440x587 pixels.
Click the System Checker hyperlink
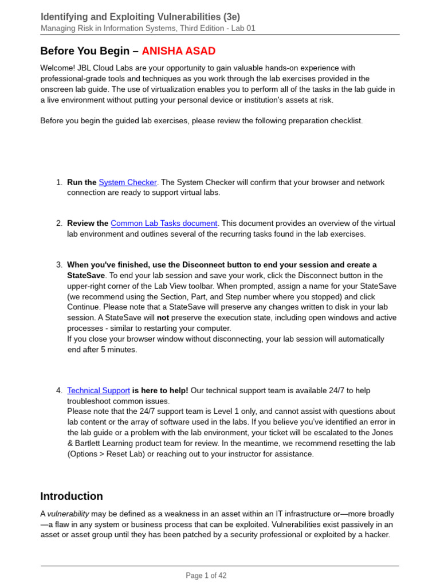[128, 182]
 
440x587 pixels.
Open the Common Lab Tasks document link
[164, 224]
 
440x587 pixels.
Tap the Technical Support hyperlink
[99, 390]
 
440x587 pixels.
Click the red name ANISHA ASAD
[178, 51]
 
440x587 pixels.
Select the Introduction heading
[72, 496]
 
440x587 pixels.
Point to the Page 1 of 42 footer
[206, 576]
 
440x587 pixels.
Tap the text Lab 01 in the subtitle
[242, 28]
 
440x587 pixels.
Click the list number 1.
[59, 182]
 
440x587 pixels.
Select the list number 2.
[59, 224]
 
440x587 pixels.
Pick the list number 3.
[59, 265]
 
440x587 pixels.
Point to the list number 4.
[59, 390]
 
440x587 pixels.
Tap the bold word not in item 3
[163, 318]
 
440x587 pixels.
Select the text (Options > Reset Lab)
[108, 454]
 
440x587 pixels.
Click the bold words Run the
[81, 182]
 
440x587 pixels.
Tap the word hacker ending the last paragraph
[375, 535]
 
